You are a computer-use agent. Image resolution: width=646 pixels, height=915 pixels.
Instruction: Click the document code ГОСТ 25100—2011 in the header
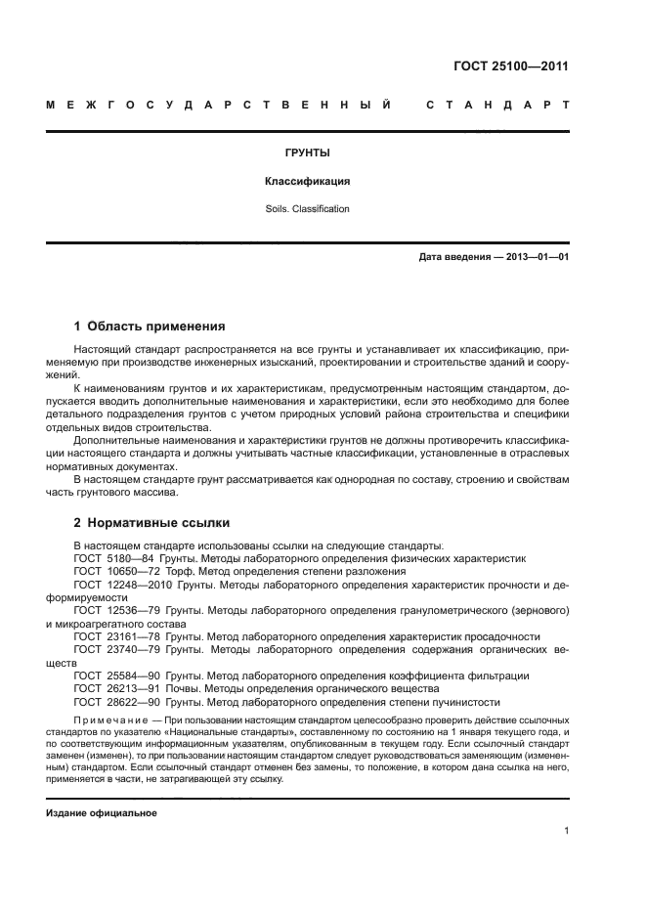511,66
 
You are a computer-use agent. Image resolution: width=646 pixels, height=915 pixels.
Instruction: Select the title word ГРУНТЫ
307,153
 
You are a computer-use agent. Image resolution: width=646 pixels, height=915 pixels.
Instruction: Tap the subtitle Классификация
307,181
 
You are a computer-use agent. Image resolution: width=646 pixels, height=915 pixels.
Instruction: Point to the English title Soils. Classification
307,208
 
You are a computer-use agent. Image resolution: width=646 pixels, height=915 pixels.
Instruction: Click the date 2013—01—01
537,257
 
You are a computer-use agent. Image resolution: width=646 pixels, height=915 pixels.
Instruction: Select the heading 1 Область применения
150,326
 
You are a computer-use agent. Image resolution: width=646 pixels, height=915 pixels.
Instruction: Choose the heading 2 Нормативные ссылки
151,522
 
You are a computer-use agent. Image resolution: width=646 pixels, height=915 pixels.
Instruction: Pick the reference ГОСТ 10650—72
113,571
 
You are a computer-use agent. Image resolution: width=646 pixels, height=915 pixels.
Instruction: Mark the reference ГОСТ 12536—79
113,609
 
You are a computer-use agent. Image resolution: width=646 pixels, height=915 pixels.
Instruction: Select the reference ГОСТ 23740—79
113,648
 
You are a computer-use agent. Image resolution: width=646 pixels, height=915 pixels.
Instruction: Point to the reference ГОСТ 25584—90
113,675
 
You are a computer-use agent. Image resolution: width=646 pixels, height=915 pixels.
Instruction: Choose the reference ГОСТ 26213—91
113,688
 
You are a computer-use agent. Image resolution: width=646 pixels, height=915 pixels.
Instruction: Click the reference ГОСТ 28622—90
113,702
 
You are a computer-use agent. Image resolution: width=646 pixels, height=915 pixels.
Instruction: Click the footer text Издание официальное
101,813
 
